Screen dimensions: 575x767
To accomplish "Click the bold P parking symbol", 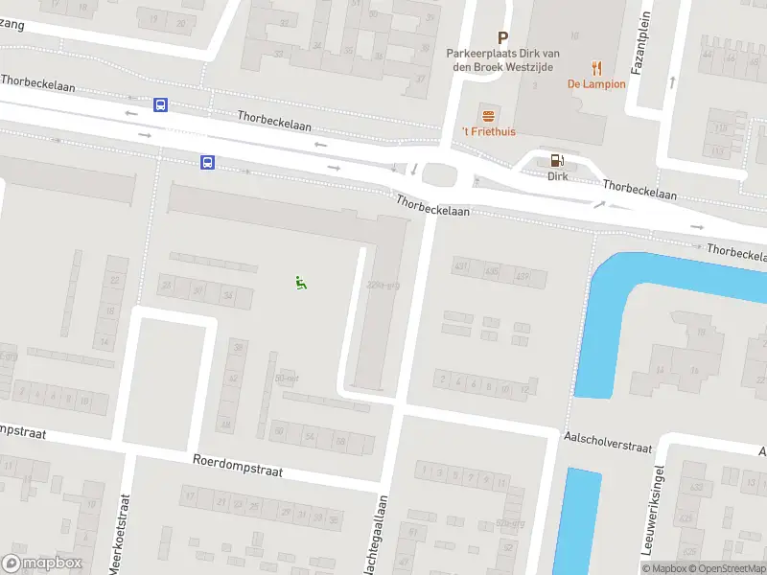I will pyautogui.click(x=502, y=38).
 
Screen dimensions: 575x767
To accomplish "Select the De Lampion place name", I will pyautogui.click(x=596, y=84).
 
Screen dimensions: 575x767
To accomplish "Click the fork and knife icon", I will pyautogui.click(x=596, y=67).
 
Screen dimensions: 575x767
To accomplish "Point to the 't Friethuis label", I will pyautogui.click(x=488, y=131).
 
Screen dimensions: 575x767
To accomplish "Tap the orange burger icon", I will pyautogui.click(x=488, y=115).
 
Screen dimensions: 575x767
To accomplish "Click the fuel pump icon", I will pyautogui.click(x=557, y=161).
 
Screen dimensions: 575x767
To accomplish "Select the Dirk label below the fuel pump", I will pyautogui.click(x=558, y=176).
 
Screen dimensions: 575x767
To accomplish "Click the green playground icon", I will pyautogui.click(x=300, y=282).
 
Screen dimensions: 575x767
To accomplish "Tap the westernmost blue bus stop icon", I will pyautogui.click(x=160, y=105).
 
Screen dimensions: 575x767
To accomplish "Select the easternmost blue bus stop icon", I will pyautogui.click(x=207, y=163).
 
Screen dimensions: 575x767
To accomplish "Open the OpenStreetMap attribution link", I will pyautogui.click(x=725, y=568).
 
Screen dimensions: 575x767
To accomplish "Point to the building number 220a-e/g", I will pyautogui.click(x=383, y=285).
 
